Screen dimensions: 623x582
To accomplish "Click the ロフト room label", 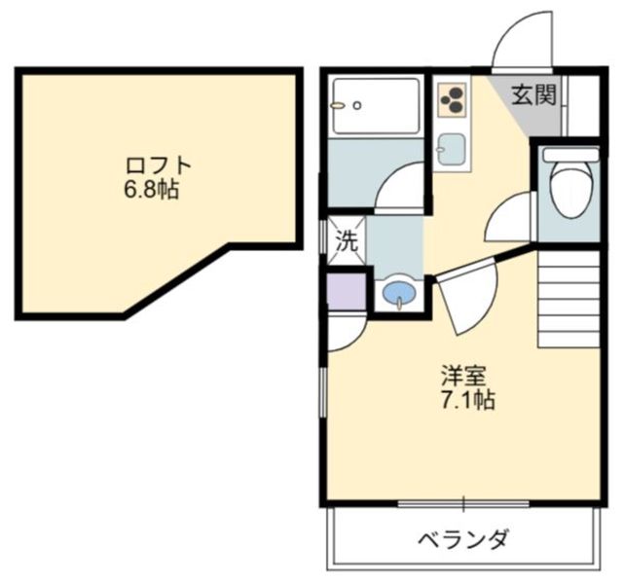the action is tap(159, 165).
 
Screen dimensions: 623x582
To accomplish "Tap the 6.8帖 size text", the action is tap(152, 189).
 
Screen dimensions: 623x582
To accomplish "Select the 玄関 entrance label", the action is tap(533, 95).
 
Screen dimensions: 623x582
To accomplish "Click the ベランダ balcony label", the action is tap(463, 539).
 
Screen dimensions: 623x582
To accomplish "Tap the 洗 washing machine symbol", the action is tap(347, 241).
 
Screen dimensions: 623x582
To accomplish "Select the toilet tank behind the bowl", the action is tap(571, 155).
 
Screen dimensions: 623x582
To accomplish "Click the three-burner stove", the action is tap(452, 99).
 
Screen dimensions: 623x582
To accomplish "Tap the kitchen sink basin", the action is tap(452, 149).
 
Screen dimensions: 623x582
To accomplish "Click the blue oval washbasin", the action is tap(399, 293).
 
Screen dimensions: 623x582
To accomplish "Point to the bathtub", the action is tap(376, 106).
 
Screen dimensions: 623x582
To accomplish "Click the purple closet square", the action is tap(347, 291).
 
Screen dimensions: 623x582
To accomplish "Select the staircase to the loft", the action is tap(568, 300).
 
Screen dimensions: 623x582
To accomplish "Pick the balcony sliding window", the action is tap(463, 504).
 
